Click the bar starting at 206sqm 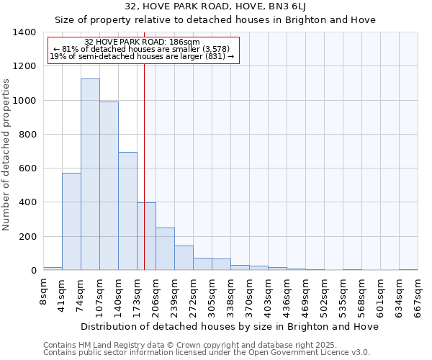(x=165, y=249)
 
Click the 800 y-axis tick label (x=27, y=135)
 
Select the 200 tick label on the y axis (x=27, y=237)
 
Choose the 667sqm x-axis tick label (x=418, y=295)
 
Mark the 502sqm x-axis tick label (x=325, y=295)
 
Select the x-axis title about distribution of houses (x=230, y=327)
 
